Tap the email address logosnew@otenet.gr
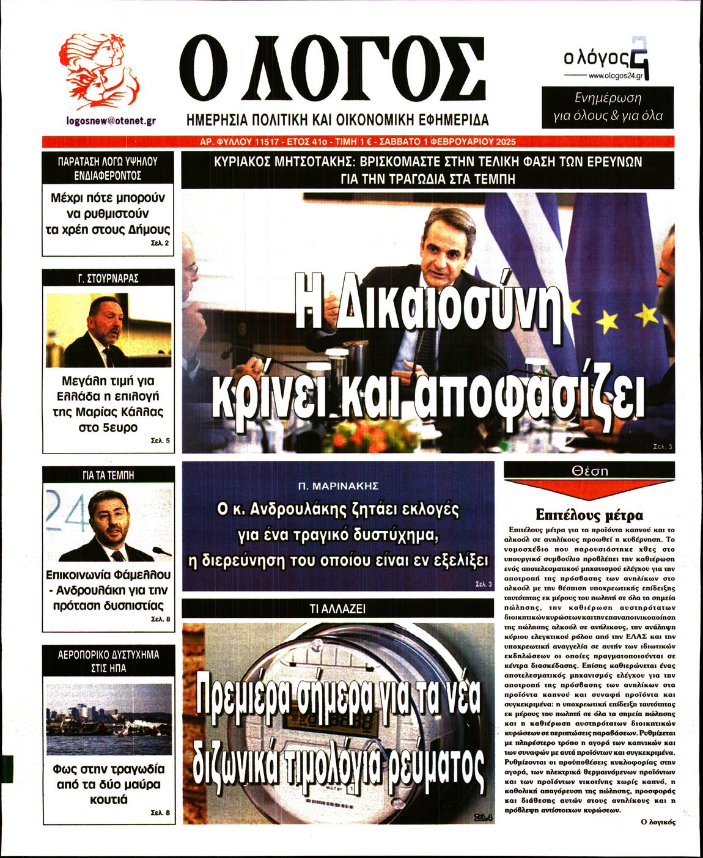[x=111, y=121]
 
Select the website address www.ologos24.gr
[x=616, y=76]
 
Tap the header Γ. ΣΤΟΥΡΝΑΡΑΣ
[x=108, y=278]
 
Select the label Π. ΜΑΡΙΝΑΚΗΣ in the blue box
[x=338, y=486]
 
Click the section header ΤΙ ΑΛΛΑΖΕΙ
[x=337, y=609]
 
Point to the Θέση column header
[x=589, y=471]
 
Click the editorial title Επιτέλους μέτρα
[x=589, y=515]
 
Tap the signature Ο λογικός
[x=658, y=822]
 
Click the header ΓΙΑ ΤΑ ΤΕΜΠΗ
[x=108, y=475]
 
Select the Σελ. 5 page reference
[x=160, y=441]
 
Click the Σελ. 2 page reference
[x=160, y=243]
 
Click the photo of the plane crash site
[x=108, y=719]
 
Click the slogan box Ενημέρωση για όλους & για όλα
[x=608, y=107]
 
